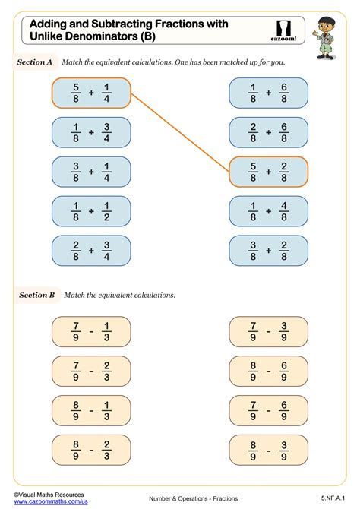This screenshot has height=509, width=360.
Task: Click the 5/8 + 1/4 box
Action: (90, 93)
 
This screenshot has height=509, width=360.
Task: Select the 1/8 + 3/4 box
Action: (90, 132)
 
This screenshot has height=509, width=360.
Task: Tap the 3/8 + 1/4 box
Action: (90, 172)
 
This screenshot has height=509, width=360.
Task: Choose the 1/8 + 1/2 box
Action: (90, 211)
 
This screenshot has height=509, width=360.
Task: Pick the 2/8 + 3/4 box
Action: (90, 251)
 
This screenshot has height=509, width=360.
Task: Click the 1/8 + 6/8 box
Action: (269, 93)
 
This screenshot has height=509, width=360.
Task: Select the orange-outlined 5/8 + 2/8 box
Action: (269, 172)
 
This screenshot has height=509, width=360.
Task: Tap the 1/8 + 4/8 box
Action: (269, 211)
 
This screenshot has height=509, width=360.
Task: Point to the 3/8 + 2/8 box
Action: (269, 251)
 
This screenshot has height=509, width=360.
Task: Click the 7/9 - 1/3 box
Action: (90, 331)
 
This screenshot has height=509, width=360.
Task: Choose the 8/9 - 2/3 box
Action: (90, 450)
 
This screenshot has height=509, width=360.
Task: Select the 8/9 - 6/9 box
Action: (269, 371)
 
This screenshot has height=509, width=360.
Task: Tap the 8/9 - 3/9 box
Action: (269, 450)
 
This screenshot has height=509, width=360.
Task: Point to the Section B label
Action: (36, 294)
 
